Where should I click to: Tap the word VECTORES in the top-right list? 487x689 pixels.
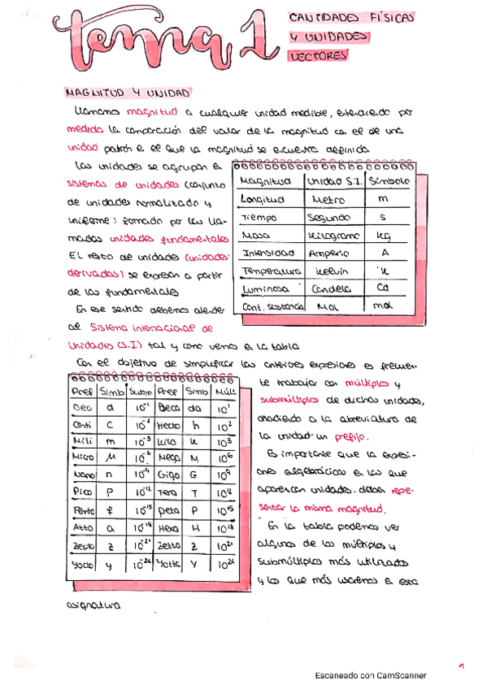(x=317, y=56)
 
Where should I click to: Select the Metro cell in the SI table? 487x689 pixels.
(x=326, y=198)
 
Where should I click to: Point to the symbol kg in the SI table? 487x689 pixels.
(x=384, y=236)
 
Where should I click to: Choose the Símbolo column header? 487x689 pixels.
(x=389, y=180)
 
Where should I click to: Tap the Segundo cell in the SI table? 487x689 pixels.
(x=328, y=218)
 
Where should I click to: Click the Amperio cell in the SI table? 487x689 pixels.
(x=328, y=253)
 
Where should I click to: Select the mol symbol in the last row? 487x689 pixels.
(x=383, y=306)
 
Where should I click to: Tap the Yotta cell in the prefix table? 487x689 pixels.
(x=169, y=563)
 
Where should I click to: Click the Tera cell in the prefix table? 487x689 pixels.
(x=169, y=493)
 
